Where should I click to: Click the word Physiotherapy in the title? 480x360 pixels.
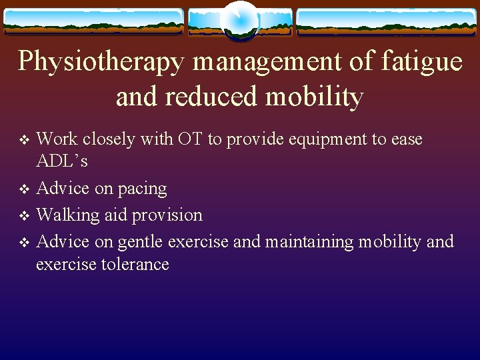(101, 62)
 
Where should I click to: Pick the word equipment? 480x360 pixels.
(321, 139)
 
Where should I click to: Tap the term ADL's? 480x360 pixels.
(62, 162)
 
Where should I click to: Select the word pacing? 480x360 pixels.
(142, 189)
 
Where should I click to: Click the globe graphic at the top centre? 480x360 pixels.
(239, 20)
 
